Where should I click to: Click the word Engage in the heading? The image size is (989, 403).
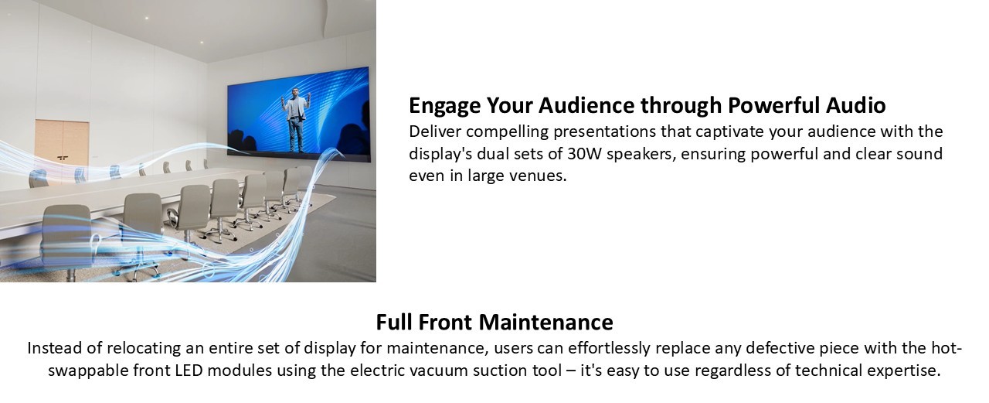tap(445, 106)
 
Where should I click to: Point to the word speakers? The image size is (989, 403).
tap(641, 155)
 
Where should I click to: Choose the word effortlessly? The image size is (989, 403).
tap(609, 349)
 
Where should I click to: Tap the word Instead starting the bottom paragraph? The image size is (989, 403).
tap(55, 348)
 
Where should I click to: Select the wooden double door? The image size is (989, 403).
tap(63, 146)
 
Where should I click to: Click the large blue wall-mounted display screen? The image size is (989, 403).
tap(298, 114)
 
